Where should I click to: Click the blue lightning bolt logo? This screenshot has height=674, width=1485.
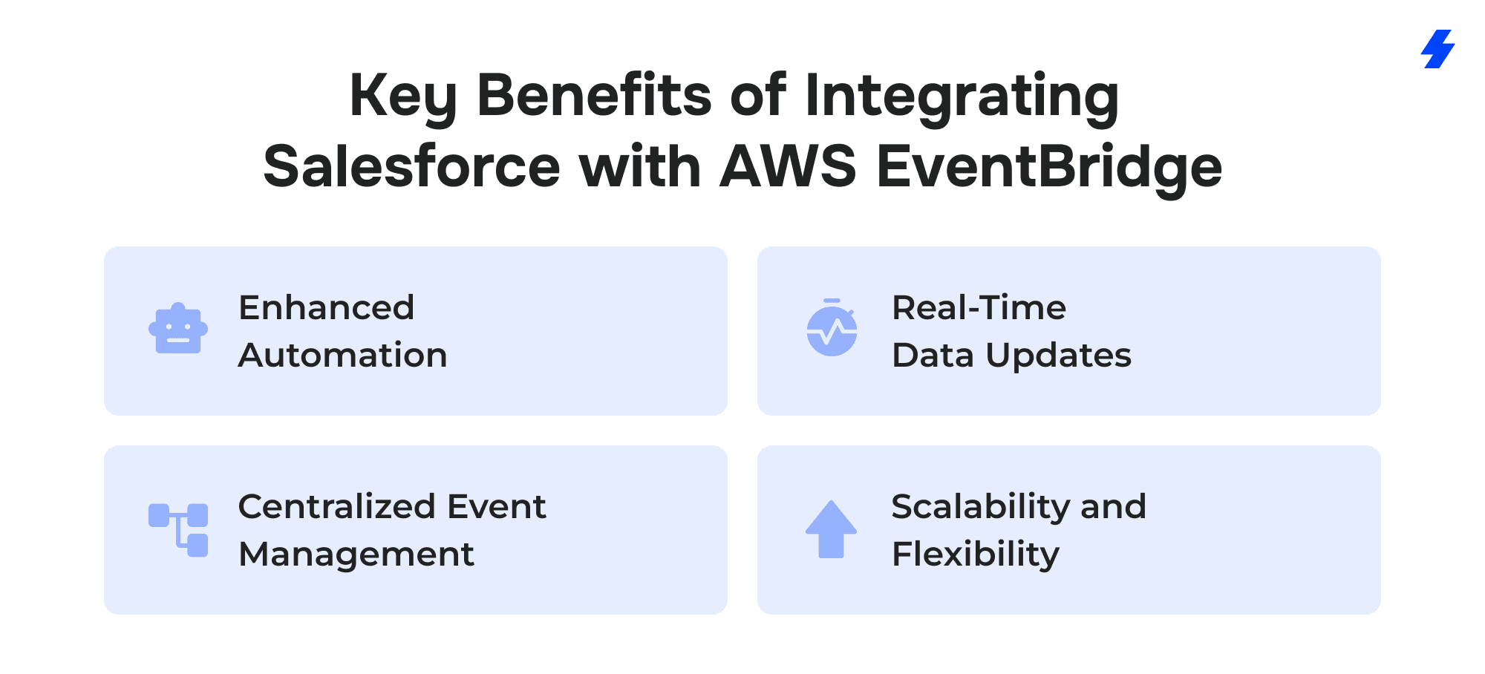point(1438,49)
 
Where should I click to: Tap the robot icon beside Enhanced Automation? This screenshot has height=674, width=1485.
point(178,328)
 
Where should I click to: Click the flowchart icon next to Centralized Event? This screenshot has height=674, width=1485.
point(178,530)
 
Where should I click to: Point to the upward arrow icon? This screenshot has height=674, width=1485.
point(832,529)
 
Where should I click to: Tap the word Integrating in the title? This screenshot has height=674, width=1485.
point(962,96)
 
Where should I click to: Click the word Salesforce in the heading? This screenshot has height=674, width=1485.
point(411,166)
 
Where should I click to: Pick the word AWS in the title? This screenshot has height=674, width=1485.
point(789,166)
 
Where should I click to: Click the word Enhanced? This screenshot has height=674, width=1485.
point(327,307)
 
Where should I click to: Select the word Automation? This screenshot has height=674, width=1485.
point(343,355)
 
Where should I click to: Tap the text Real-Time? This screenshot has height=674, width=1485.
point(979,307)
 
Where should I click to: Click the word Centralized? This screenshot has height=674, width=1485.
point(337,506)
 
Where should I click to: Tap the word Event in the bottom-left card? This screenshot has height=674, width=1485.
point(497,506)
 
